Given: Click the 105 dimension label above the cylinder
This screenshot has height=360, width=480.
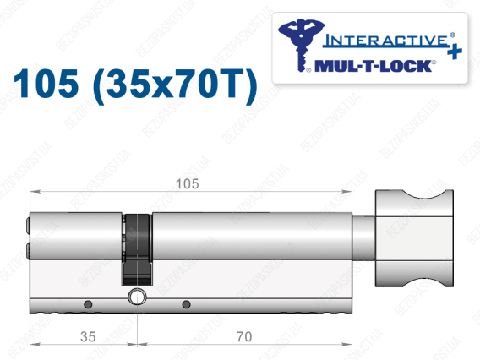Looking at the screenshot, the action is [188, 184].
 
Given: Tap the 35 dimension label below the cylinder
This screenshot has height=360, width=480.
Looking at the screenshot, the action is [88, 336].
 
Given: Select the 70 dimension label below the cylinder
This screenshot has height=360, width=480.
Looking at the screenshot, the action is [244, 336].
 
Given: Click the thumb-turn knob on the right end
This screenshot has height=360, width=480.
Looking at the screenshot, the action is [414, 238].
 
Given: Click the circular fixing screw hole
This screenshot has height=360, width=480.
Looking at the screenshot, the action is [137, 297].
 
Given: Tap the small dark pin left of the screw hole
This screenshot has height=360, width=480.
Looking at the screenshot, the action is [88, 304].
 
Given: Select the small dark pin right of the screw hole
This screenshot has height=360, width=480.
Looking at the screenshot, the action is [186, 304].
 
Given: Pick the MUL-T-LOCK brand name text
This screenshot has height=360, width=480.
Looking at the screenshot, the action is [373, 66].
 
